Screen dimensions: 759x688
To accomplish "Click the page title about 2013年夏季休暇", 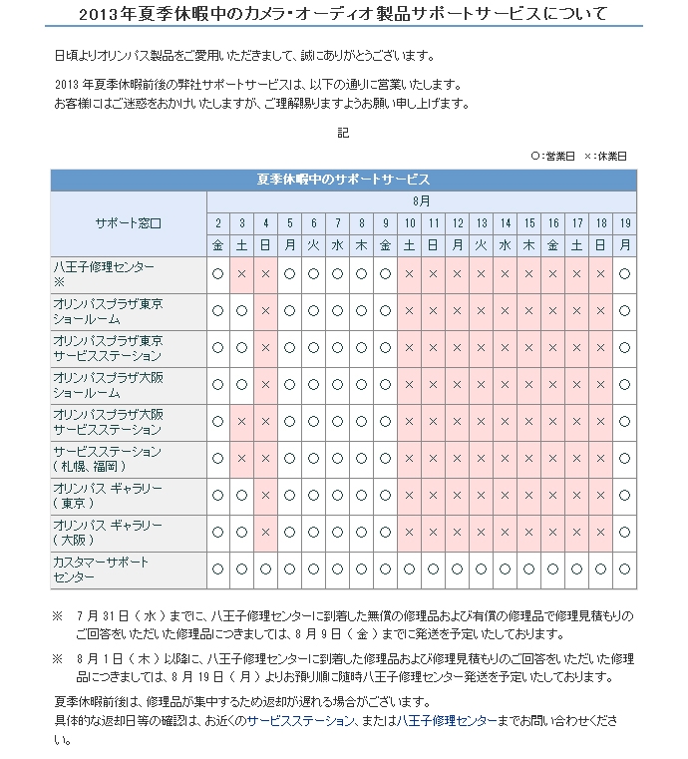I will pyautogui.click(x=344, y=14).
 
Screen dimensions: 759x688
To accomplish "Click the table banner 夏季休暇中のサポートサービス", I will pyautogui.click(x=343, y=180).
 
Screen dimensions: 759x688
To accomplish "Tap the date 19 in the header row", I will pyautogui.click(x=625, y=222).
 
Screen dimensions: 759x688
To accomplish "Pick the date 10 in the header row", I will pyautogui.click(x=409, y=222).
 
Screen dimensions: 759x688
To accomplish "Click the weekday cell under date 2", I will pyautogui.click(x=217, y=244).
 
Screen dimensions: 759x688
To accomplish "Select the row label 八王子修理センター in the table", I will pyautogui.click(x=104, y=266).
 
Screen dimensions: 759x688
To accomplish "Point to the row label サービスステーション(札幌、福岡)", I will pyautogui.click(x=104, y=458).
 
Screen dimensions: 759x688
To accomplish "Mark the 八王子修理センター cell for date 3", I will pyautogui.click(x=241, y=273).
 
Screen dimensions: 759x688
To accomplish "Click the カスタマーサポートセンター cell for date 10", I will pyautogui.click(x=409, y=569).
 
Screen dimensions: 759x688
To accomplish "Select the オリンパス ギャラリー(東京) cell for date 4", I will pyautogui.click(x=265, y=496).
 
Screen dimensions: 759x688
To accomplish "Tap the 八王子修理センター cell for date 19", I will pyautogui.click(x=625, y=273).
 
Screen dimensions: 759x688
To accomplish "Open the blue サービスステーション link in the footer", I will pyautogui.click(x=307, y=720).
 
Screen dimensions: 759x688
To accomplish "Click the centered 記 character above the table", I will pyautogui.click(x=343, y=132).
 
